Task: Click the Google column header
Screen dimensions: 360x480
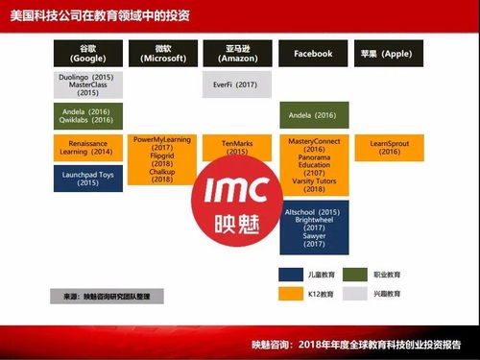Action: click(x=88, y=54)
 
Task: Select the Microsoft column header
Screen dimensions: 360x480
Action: click(x=163, y=54)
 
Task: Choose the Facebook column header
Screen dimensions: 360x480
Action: click(x=314, y=54)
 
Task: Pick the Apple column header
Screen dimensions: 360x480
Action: click(x=389, y=54)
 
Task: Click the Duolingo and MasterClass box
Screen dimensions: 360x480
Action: click(x=88, y=84)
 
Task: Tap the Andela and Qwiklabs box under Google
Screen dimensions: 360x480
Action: click(x=88, y=115)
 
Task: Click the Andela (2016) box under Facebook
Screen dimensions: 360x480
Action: click(x=314, y=115)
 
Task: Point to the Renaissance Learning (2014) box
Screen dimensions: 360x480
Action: click(x=88, y=147)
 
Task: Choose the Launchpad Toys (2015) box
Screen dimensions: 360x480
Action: click(x=88, y=178)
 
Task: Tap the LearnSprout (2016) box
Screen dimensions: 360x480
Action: click(x=389, y=147)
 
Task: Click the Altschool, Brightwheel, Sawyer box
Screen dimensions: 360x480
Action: click(x=314, y=227)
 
